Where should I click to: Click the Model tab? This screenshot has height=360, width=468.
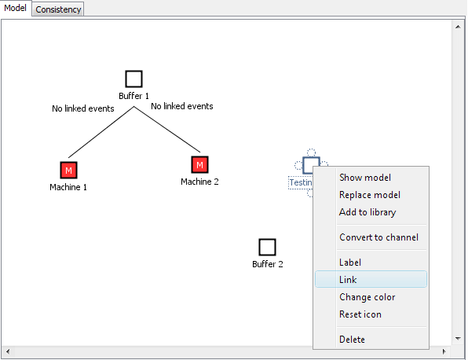15,8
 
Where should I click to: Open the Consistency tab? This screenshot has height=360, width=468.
58,9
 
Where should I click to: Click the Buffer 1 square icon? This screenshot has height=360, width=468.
133,79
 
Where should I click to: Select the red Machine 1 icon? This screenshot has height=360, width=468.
68,170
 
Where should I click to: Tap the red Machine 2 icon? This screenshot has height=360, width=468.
199,164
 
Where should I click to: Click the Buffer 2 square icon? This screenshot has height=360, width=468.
267,247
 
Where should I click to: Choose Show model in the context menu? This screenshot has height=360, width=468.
364,178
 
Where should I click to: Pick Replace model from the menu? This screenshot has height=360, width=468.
370,195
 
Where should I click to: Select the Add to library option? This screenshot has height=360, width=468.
367,212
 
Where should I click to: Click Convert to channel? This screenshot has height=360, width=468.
378,237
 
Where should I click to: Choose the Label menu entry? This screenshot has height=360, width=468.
350,263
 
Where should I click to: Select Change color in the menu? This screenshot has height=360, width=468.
367,297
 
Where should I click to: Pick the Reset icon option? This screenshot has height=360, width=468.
360,314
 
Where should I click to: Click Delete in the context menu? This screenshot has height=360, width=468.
352,340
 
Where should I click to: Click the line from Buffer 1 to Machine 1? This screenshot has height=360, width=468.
101,132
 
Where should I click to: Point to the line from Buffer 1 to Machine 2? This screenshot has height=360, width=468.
167,130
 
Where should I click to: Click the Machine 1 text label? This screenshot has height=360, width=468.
68,187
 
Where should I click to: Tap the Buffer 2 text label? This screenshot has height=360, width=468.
268,264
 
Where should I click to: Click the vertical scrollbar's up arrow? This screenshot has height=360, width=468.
458,27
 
